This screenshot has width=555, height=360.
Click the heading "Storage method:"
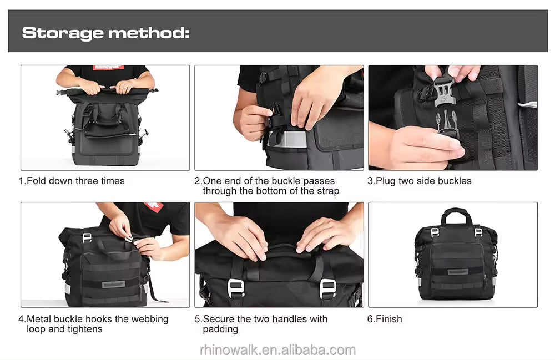tap(105, 33)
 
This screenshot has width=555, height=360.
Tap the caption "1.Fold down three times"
tap(72, 181)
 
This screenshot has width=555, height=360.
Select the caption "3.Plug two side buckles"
tap(420, 181)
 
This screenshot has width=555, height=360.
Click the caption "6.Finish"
tap(385, 319)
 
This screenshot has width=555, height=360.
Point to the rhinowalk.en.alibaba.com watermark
tap(277, 350)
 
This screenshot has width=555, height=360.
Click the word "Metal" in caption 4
tap(38, 319)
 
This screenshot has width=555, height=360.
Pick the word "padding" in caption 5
tap(220, 329)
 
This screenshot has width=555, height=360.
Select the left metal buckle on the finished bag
tap(435, 232)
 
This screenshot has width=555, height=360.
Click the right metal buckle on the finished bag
tap(478, 232)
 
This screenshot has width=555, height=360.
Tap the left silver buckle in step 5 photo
tap(236, 288)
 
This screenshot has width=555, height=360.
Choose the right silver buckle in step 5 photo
tap(327, 288)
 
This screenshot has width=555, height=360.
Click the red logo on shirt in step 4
tap(154, 206)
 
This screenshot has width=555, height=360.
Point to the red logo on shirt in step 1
tap(108, 67)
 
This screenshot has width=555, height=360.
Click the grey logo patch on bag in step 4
tap(114, 285)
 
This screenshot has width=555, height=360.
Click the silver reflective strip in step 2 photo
tap(287, 139)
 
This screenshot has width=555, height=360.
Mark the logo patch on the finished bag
tap(458, 272)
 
